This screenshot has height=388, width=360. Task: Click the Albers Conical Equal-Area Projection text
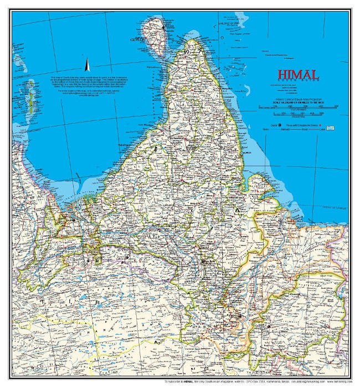click(x=298, y=99)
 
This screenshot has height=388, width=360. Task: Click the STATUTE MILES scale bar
click(x=298, y=107)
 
